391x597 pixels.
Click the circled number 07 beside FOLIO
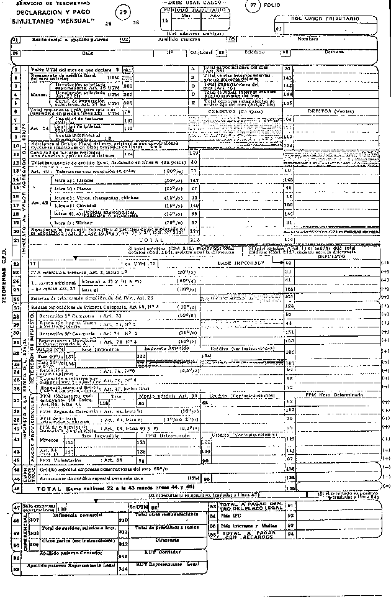point(253,7)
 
